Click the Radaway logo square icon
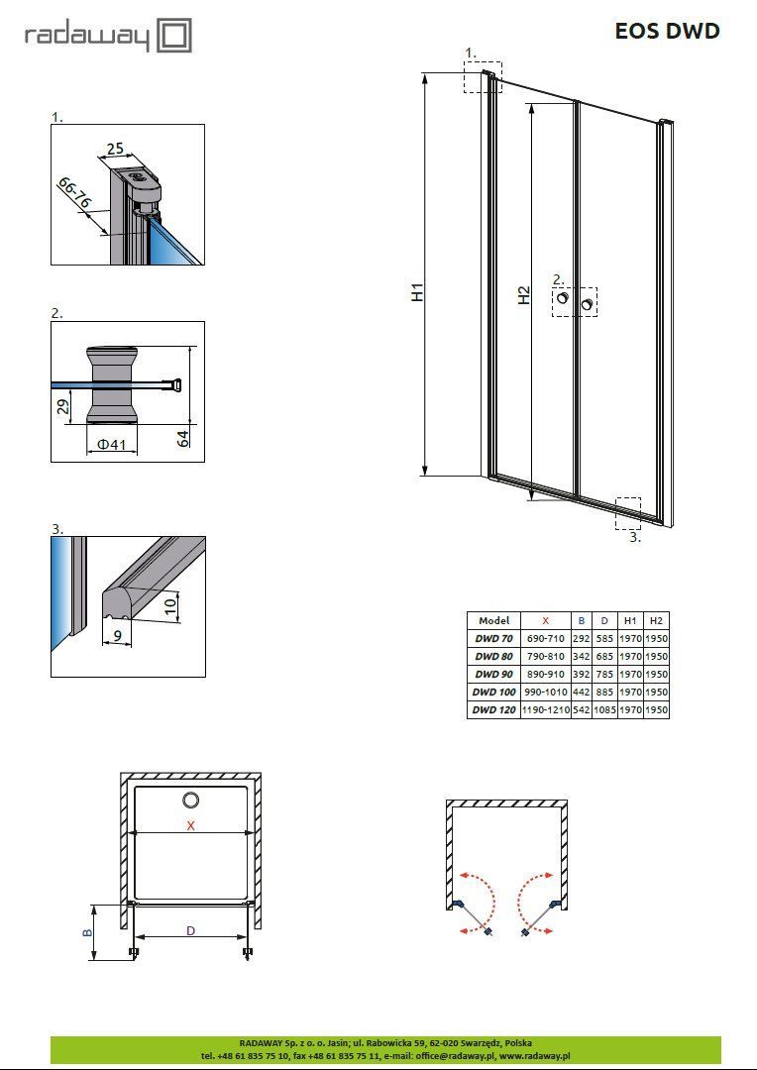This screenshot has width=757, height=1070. (x=174, y=36)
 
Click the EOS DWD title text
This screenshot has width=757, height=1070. (x=667, y=32)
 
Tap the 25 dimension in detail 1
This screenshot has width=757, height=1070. (x=115, y=149)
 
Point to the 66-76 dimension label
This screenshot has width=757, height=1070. (x=74, y=192)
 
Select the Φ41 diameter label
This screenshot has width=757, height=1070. (x=112, y=444)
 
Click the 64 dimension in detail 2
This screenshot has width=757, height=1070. (x=183, y=439)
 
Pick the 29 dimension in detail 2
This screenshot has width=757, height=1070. (x=62, y=407)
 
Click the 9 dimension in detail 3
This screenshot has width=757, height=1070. (x=118, y=636)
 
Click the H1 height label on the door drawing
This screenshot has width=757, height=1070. (x=418, y=291)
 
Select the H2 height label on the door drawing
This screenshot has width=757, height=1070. (x=523, y=295)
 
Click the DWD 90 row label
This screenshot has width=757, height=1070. (x=494, y=674)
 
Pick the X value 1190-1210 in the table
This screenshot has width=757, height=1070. (x=545, y=709)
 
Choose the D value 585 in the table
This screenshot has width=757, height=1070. (x=604, y=639)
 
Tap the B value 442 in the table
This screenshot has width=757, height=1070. (x=581, y=692)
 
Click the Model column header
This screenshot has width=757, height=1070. (x=494, y=620)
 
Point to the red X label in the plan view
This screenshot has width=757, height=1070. (x=190, y=825)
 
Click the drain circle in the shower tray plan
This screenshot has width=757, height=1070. (x=190, y=801)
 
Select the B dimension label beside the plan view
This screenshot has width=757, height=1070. (x=88, y=932)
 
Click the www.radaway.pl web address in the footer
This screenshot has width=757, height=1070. (x=534, y=1055)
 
